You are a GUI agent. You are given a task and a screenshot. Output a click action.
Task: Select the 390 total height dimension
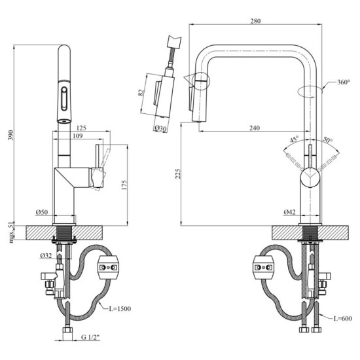pos(9,134)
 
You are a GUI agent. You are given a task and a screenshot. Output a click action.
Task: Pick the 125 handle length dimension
pos(81,128)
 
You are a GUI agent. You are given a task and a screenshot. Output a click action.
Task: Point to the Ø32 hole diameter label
pos(45,255)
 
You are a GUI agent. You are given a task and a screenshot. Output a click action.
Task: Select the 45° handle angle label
pos(295,139)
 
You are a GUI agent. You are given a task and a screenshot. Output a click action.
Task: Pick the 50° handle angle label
pos(327,139)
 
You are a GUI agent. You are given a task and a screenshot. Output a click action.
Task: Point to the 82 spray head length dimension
pos(141,92)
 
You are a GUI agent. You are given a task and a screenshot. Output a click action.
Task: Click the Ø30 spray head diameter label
pos(160,128)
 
